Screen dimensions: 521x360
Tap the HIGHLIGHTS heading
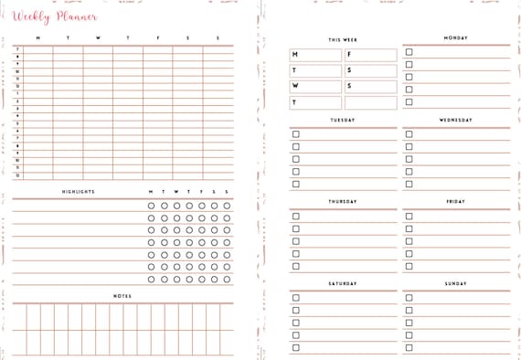pos(79,192)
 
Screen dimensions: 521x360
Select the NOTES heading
pos(122,296)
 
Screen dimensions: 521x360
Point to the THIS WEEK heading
pos(343,40)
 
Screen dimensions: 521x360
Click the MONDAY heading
pos(455,38)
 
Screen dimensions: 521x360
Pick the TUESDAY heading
pos(343,120)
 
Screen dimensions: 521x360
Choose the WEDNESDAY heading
pos(455,120)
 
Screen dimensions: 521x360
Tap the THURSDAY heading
pos(343,201)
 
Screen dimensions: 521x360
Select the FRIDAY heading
pos(455,201)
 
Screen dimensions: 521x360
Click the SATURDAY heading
pos(343,283)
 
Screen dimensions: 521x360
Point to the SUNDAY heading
pos(455,283)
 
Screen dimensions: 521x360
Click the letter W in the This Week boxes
pos(295,86)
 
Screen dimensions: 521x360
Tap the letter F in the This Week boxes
pos(348,55)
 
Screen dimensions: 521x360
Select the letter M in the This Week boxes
pos(295,55)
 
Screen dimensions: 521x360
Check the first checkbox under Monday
pos(409,52)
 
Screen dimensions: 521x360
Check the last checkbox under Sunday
pos(409,347)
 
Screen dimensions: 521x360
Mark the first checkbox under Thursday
pos(295,217)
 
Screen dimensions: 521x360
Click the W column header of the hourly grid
pos(98,38)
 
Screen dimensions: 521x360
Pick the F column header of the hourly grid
pos(158,38)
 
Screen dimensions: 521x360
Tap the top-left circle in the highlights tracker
pos(151,206)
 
